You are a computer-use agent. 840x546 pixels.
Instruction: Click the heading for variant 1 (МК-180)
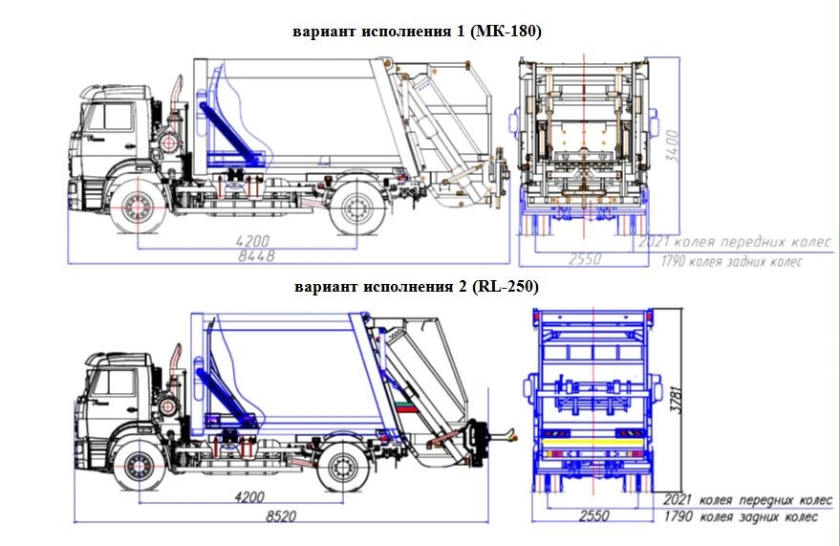[x=417, y=32]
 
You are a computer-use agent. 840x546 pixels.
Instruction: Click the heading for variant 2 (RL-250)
[x=417, y=286]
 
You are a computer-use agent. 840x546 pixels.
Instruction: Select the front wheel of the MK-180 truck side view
[x=137, y=209]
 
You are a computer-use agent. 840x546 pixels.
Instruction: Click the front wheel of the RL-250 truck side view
[x=139, y=469]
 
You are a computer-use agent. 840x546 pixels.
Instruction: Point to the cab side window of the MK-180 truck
[x=114, y=117]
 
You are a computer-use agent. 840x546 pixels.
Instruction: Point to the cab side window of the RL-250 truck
[x=119, y=382]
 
